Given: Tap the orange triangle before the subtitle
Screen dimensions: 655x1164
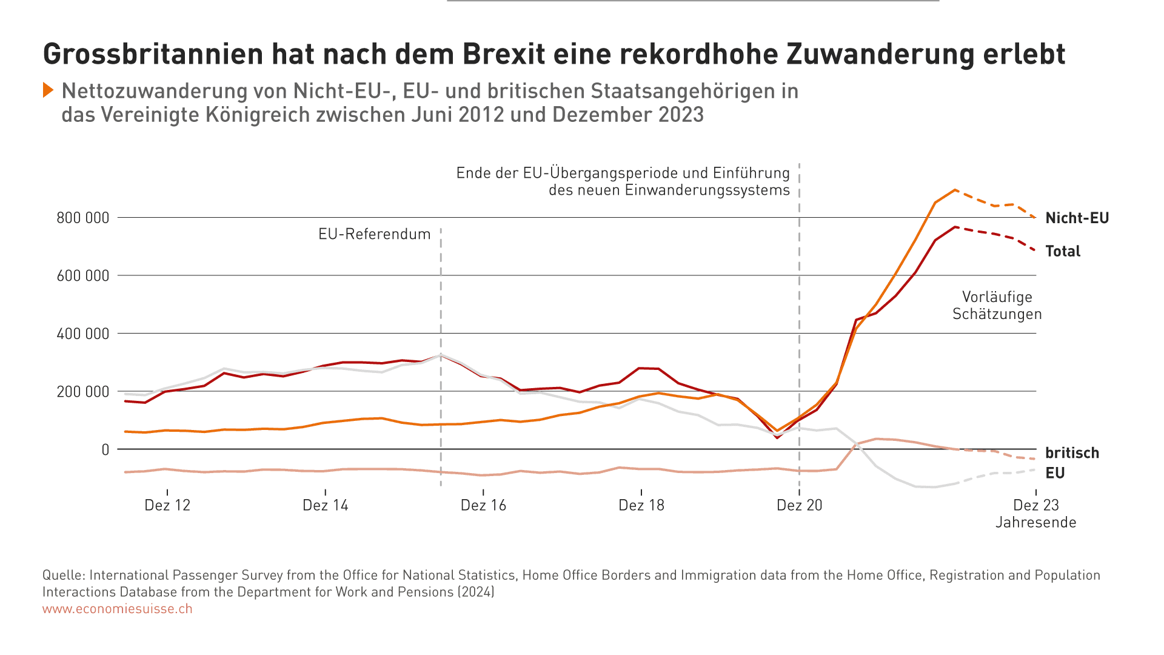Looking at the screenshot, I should point(48,90).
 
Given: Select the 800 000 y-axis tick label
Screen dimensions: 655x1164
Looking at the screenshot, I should point(83,218).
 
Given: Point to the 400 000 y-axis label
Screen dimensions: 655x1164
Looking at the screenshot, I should point(83,334).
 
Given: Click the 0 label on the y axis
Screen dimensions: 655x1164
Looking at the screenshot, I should point(105,449).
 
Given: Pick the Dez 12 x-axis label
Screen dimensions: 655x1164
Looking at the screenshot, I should point(167,505).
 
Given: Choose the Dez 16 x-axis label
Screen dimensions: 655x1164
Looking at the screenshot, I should point(483,505).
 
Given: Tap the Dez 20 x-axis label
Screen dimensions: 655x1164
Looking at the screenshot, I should point(799,505).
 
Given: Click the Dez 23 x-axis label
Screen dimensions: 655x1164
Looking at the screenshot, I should point(1035,505).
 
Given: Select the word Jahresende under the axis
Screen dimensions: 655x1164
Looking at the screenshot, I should point(1035,522).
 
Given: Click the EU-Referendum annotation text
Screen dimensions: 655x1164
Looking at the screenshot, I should point(374,234).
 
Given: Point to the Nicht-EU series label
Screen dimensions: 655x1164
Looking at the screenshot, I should point(1077,218).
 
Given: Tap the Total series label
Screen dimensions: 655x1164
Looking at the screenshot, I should point(1063,251).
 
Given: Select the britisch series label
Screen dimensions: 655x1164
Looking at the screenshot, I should point(1072,453).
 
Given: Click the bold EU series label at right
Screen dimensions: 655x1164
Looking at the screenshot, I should point(1055,473).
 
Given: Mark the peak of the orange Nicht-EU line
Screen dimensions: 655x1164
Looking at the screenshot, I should point(955,190).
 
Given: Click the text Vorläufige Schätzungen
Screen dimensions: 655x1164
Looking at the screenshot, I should point(997,306).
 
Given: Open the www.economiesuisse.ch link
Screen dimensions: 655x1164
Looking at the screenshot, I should point(117,609).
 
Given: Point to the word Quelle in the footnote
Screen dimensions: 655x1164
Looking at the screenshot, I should point(62,575).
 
